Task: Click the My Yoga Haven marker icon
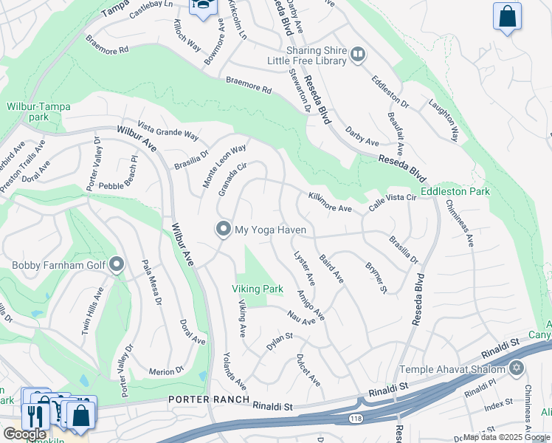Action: click(224, 230)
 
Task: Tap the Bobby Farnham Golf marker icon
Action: click(117, 265)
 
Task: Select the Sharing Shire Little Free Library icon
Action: click(357, 53)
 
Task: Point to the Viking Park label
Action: click(258, 289)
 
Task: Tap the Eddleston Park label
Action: click(455, 191)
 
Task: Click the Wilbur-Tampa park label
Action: click(38, 111)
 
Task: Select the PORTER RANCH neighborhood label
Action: click(205, 399)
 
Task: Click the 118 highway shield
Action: click(355, 419)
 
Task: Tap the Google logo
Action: click(24, 433)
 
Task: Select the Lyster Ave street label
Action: click(305, 269)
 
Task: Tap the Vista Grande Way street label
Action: click(170, 131)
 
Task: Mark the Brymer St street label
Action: click(376, 278)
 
